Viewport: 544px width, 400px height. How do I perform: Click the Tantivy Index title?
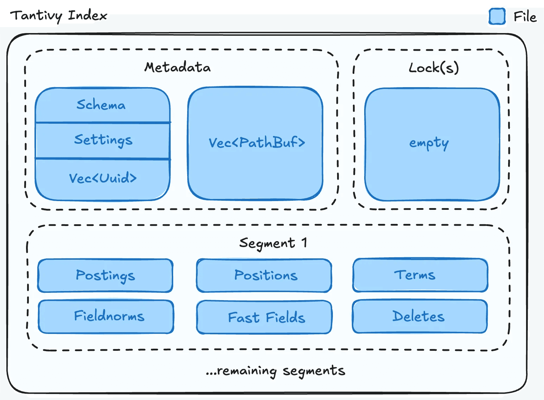pyautogui.click(x=58, y=16)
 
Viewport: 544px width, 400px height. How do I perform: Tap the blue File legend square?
pyautogui.click(x=497, y=17)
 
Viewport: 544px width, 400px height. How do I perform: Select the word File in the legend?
pyautogui.click(x=525, y=17)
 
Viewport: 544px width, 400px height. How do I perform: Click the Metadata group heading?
pyautogui.click(x=177, y=67)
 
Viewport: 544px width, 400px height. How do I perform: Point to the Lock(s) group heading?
pyautogui.click(x=434, y=67)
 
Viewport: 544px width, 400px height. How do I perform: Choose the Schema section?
pyautogui.click(x=101, y=105)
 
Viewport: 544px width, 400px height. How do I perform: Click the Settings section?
pyautogui.click(x=103, y=140)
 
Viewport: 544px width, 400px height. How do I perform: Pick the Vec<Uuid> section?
pyautogui.click(x=103, y=179)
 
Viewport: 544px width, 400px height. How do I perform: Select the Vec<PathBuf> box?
pyautogui.click(x=256, y=143)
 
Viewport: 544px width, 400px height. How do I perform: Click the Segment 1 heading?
pyautogui.click(x=273, y=243)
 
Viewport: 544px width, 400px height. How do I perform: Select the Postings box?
pyautogui.click(x=105, y=276)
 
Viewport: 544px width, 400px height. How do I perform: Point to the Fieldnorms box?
pyautogui.click(x=109, y=316)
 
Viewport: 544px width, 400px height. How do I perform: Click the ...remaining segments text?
pyautogui.click(x=276, y=371)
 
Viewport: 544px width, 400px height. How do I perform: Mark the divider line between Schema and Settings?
pyautogui.click(x=103, y=123)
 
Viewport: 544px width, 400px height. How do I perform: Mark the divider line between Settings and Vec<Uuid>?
pyautogui.click(x=103, y=159)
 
